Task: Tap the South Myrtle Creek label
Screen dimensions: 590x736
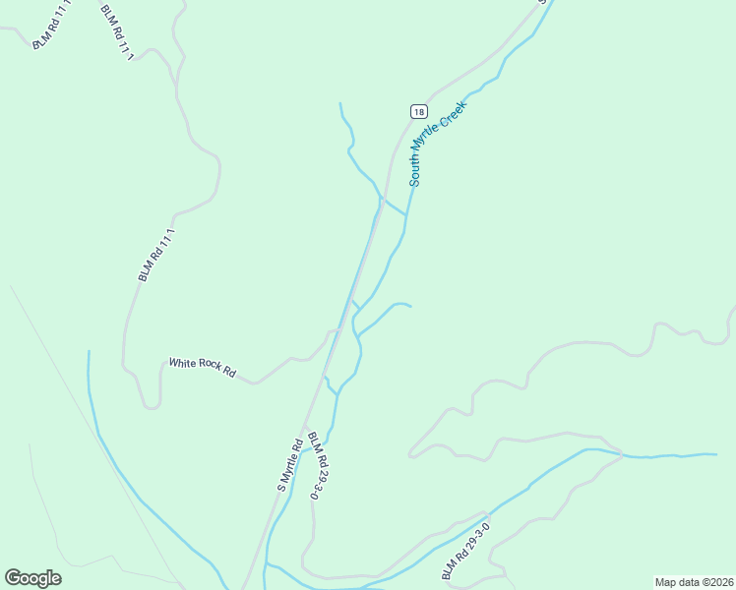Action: pyautogui.click(x=437, y=143)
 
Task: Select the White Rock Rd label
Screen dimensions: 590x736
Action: pyautogui.click(x=202, y=367)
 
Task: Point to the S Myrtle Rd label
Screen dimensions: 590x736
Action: pyautogui.click(x=288, y=465)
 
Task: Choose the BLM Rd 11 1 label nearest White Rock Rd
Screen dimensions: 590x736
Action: pyautogui.click(x=155, y=255)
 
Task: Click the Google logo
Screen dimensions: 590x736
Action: pyautogui.click(x=32, y=577)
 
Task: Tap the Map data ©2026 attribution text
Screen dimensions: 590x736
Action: pyautogui.click(x=694, y=582)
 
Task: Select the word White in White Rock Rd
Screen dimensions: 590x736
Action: pyautogui.click(x=182, y=363)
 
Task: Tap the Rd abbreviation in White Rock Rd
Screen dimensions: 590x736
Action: pyautogui.click(x=229, y=373)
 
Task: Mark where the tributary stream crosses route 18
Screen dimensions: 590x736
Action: pyautogui.click(x=381, y=199)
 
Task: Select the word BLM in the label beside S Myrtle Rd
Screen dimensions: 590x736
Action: pyautogui.click(x=310, y=441)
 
